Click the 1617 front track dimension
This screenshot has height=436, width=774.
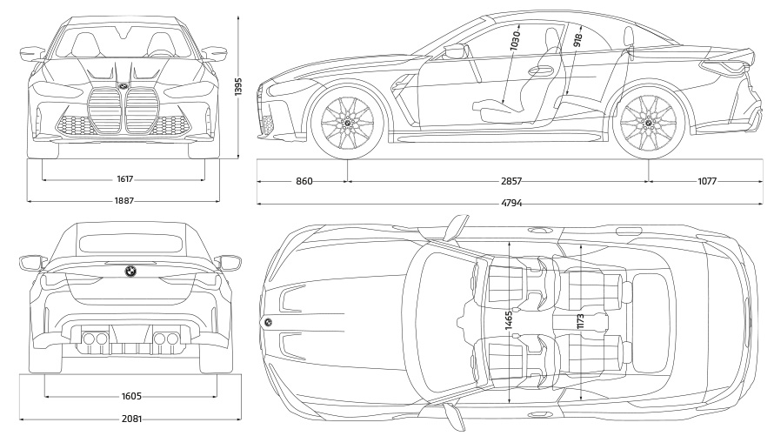click(x=123, y=179)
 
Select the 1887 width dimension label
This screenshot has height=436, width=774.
click(x=124, y=199)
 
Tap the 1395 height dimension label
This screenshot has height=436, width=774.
click(x=237, y=84)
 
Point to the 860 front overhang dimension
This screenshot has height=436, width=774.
click(x=304, y=182)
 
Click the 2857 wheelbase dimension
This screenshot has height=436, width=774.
click(x=511, y=182)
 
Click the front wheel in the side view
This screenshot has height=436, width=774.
click(x=347, y=124)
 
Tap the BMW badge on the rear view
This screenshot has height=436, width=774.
click(x=130, y=271)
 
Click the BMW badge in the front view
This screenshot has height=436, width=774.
click(x=123, y=87)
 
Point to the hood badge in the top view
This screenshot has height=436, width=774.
click(x=268, y=323)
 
